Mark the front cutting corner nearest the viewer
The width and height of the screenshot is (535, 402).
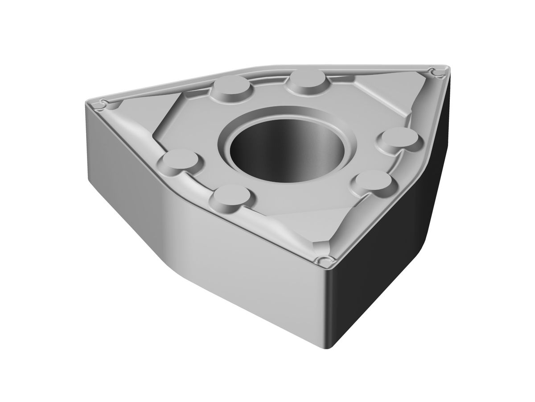point(324,260)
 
